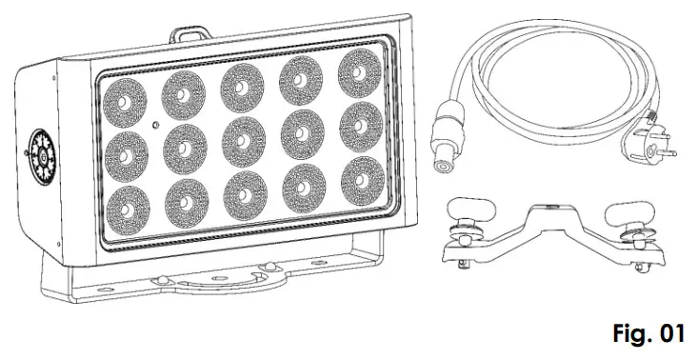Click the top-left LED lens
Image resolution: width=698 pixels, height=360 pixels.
124,96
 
